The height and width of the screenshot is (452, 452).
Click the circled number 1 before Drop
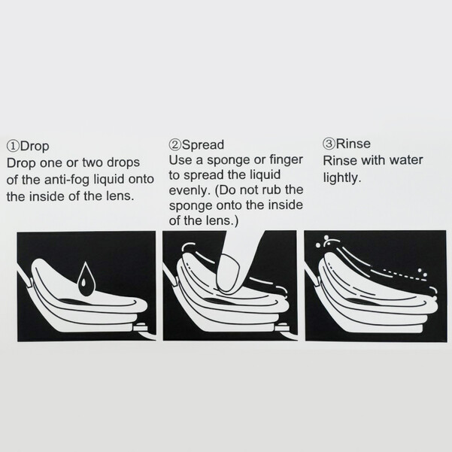(x=13, y=146)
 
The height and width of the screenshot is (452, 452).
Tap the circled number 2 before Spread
(x=175, y=144)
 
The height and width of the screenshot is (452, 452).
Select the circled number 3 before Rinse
(x=329, y=144)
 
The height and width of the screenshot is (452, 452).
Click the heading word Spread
(x=203, y=145)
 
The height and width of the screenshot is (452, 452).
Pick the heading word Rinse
(x=353, y=144)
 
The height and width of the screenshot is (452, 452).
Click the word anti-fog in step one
(x=67, y=180)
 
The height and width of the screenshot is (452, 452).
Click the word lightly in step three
(x=342, y=177)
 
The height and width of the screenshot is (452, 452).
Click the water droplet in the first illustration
(x=86, y=279)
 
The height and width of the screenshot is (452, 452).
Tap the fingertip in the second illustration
(x=229, y=272)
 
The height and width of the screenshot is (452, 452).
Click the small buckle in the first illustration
(x=141, y=327)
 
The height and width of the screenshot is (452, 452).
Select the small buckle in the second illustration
(x=282, y=326)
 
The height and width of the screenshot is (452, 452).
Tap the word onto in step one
(x=141, y=180)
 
